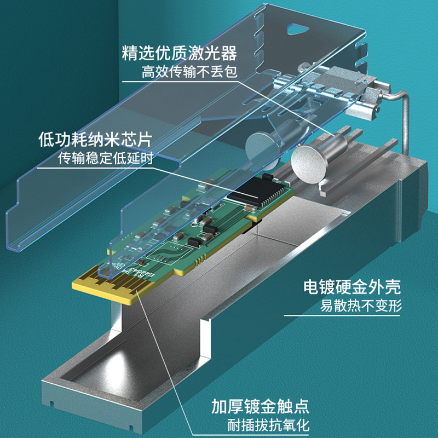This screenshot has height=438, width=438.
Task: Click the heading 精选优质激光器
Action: [180, 53]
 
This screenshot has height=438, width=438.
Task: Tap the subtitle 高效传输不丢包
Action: [189, 72]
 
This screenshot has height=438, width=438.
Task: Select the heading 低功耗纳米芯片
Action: [95, 140]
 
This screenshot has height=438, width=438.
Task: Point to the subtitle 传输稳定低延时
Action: [105, 158]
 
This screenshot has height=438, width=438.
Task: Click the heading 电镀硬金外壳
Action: [352, 287]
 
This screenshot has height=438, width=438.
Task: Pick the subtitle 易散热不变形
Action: [361, 306]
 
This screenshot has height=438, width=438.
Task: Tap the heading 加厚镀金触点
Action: [260, 406]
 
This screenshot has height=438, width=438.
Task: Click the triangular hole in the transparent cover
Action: [297, 29]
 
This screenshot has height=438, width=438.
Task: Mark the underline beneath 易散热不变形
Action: [342, 316]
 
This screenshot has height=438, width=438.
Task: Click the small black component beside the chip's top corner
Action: [268, 177]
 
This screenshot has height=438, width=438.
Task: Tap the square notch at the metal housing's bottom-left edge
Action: [51, 404]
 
